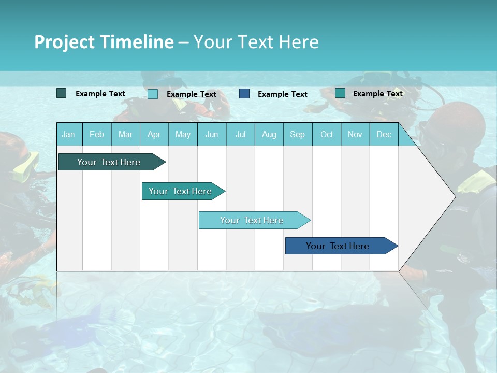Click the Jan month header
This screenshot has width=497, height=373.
[x=68, y=135]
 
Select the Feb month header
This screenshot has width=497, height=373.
[x=97, y=135]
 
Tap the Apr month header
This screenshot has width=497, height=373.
[x=154, y=135]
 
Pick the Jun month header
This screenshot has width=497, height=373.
[x=212, y=135]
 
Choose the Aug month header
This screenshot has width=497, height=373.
[x=269, y=135]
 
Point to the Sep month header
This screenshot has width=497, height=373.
[x=297, y=135]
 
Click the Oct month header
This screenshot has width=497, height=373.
[x=327, y=135]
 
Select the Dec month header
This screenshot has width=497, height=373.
[x=384, y=135]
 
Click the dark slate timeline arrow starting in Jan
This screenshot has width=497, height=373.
[x=109, y=162]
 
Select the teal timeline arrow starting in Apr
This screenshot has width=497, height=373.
[x=181, y=191]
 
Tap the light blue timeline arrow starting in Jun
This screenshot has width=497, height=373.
[x=252, y=220]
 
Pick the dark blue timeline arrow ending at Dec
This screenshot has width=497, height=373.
[x=338, y=246]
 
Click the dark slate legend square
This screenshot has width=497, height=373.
[x=62, y=93]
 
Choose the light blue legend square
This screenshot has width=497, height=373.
[x=153, y=94]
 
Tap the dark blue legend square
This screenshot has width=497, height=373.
[x=244, y=94]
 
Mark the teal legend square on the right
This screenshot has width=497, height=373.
[x=340, y=93]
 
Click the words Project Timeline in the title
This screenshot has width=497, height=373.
[x=104, y=42]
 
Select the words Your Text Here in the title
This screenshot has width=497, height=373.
[x=256, y=42]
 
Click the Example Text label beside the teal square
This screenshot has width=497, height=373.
[x=377, y=94]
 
